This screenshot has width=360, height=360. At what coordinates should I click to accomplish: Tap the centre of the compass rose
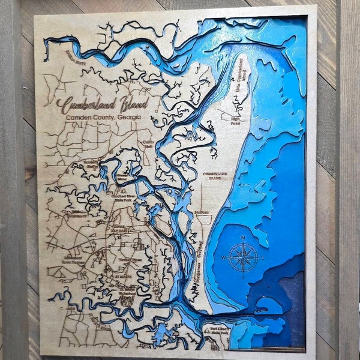coord(242,257)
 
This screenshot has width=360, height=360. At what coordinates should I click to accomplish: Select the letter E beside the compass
coord(262,258)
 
